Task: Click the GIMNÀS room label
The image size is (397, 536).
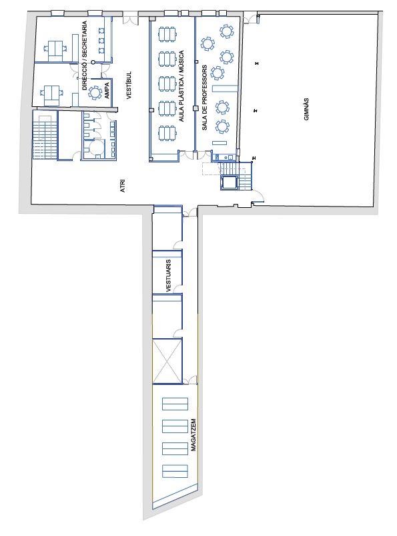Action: point(306,110)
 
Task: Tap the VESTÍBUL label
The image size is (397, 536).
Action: point(129,85)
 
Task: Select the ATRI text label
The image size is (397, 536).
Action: point(123,185)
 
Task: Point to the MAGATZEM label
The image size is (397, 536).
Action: point(193,435)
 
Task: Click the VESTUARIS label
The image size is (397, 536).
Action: point(168,275)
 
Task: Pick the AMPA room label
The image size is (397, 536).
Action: point(107,91)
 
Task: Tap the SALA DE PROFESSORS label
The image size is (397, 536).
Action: point(205,98)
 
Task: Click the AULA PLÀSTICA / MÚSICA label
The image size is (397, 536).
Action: point(181,86)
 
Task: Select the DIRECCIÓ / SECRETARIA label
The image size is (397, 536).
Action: point(85,55)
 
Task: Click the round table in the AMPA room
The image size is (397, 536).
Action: point(95,93)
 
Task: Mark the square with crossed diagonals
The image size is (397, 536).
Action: point(167,360)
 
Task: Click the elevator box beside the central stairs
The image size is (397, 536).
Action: point(229,182)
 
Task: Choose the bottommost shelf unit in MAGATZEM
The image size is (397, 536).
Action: point(175,471)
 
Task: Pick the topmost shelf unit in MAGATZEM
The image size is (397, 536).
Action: point(175,404)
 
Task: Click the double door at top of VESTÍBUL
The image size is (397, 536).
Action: point(131,19)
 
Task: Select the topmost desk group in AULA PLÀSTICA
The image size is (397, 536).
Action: point(167,34)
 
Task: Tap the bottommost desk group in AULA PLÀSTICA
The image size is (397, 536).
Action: point(167,133)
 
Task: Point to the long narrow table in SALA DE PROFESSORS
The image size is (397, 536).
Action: point(224,88)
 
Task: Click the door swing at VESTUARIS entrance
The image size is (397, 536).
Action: point(177,289)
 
